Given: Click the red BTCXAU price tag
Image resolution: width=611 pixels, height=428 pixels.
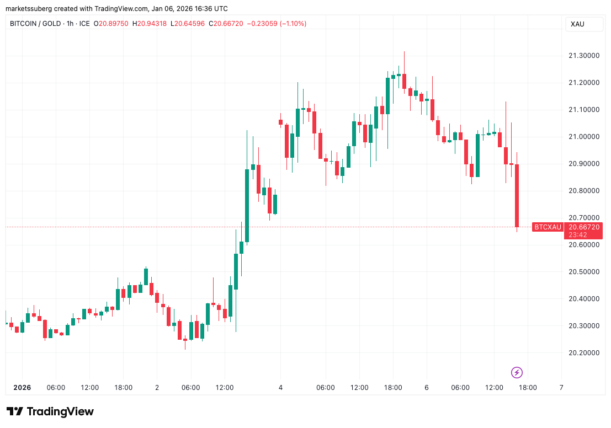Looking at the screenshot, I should point(548,227).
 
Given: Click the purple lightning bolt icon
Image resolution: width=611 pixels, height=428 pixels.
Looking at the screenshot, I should point(517,373).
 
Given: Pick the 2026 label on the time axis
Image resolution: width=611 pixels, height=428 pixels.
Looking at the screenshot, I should point(22,388).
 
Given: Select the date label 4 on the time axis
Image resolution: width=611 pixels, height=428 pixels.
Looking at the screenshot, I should point(280,388).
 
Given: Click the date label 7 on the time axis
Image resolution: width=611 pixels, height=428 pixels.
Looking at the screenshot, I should point(561,388).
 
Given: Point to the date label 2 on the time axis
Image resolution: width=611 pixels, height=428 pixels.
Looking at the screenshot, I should point(157,388).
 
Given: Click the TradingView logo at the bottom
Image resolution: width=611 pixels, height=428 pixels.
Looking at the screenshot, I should point(50,411).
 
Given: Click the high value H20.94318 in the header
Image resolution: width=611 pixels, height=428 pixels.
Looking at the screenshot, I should point(149,24).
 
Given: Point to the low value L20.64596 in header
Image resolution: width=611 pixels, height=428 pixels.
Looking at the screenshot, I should point(187,24).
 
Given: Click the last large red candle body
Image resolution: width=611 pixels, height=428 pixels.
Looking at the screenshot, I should point(517,195).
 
